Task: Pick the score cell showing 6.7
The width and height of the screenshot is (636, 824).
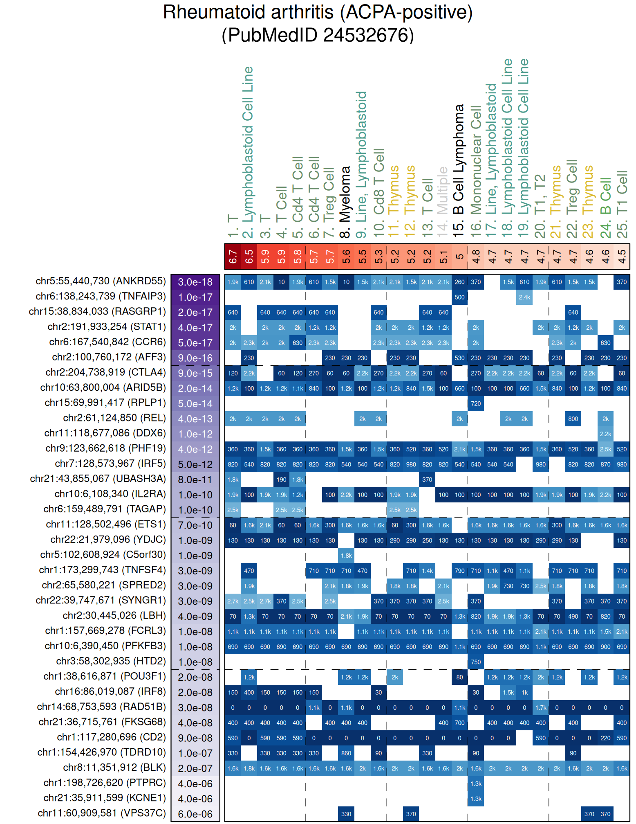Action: pos(233,257)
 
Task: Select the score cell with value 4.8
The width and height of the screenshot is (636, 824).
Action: pos(476,257)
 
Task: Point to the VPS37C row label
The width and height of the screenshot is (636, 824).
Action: pos(102,813)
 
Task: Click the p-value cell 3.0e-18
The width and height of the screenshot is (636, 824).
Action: pos(195,282)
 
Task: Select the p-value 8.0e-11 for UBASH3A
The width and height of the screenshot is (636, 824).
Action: pos(195,480)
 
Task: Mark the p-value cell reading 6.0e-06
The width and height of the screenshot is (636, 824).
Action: pos(195,814)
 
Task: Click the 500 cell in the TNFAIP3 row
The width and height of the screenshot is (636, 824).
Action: pos(459,297)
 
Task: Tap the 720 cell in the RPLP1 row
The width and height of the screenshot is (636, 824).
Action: pos(476,404)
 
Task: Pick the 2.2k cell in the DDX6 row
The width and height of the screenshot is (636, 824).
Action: pos(605,434)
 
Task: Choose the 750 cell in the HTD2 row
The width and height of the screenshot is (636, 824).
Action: pos(476,662)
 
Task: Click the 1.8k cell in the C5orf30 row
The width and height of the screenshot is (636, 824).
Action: pos(346,556)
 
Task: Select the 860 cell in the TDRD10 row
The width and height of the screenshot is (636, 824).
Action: pos(346,753)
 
